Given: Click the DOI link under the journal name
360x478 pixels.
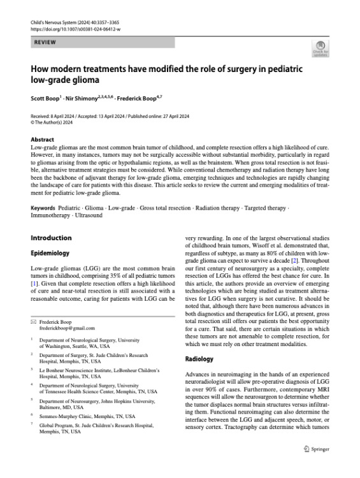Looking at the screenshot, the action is pos(77,29).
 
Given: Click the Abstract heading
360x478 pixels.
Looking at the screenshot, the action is pos(43,140).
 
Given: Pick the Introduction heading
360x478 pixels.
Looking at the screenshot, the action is pos(52,238).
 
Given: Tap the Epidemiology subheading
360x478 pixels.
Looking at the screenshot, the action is pos(52,252).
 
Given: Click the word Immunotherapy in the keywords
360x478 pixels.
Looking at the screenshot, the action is pos(50,217).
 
